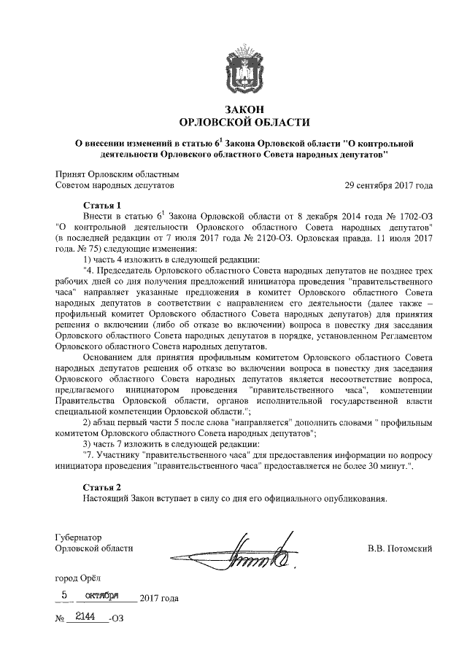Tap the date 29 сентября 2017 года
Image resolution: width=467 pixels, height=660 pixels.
click(389, 185)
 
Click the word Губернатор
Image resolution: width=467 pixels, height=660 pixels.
click(79, 536)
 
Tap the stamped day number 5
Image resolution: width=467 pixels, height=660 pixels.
click(64, 596)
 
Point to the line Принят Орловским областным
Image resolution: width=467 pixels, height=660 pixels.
click(117, 174)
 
